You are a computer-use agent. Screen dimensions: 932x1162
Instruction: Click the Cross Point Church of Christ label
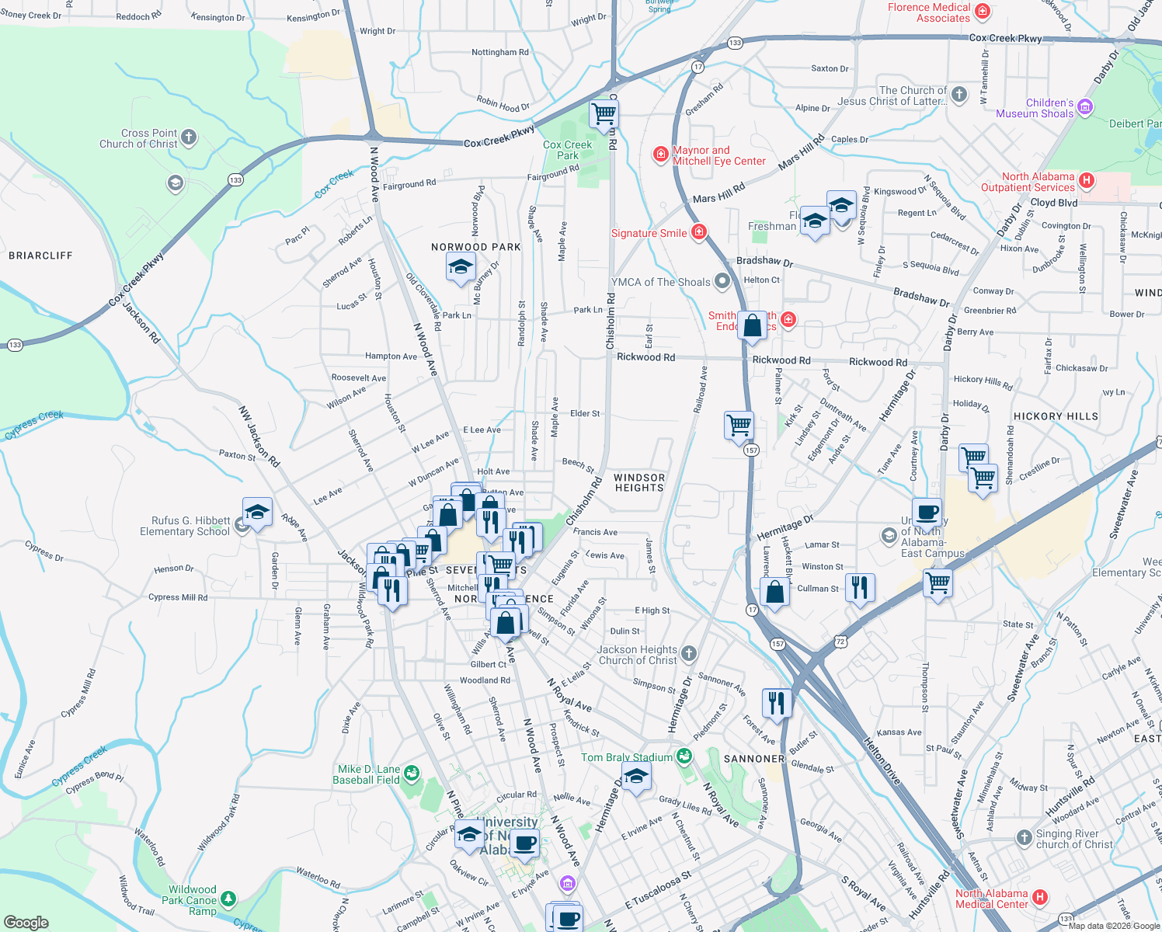(x=138, y=138)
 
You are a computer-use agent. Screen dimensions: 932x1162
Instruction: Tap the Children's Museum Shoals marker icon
(x=1085, y=106)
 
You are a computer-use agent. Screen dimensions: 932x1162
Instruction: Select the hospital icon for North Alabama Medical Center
(x=1040, y=898)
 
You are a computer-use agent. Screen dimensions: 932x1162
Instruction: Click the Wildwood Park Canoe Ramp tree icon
(x=228, y=899)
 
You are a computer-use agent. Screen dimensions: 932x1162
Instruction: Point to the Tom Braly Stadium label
(x=627, y=757)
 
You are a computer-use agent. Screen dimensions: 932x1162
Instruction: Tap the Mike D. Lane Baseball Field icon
(x=412, y=773)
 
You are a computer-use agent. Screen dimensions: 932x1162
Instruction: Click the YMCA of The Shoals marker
(x=722, y=281)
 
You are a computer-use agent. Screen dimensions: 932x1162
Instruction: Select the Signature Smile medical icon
(x=698, y=232)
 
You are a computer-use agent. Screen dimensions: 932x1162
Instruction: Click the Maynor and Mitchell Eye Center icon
(x=661, y=155)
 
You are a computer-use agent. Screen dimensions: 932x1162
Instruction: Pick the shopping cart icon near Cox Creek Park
(x=604, y=114)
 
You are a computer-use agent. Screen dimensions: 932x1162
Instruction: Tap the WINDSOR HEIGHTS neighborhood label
(x=639, y=483)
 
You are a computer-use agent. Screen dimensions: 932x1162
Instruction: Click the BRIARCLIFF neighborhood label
(x=40, y=256)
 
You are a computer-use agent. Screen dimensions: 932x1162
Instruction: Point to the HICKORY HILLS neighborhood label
(x=1056, y=416)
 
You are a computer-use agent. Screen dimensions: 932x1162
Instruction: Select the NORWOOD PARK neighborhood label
(x=476, y=247)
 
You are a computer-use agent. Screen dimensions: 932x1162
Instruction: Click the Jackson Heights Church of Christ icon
(x=688, y=653)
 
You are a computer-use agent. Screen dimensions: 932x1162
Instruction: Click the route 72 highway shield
(x=841, y=641)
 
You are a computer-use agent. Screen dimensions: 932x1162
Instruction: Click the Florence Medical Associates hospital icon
(x=982, y=11)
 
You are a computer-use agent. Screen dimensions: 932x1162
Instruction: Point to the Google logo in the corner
(x=26, y=922)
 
